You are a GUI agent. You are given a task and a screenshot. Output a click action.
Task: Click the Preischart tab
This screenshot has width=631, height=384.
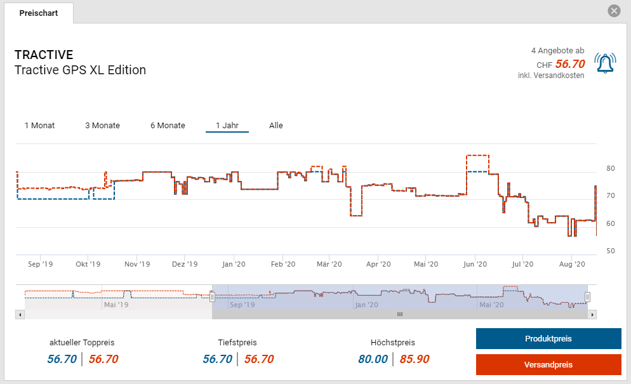click(39, 13)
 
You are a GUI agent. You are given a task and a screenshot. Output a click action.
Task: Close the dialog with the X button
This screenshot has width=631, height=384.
click(614, 11)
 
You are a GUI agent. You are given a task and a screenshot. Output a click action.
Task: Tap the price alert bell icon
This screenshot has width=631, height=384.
click(605, 63)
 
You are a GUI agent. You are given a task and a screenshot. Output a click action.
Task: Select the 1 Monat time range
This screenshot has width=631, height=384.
click(39, 126)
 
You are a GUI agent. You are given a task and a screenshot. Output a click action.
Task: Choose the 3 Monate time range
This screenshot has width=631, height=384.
click(102, 126)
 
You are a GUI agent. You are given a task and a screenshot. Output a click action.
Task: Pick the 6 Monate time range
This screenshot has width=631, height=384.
click(168, 126)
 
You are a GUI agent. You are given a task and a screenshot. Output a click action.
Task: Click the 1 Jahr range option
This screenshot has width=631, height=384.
click(227, 126)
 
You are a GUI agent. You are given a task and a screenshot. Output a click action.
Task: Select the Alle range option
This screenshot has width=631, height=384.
click(276, 126)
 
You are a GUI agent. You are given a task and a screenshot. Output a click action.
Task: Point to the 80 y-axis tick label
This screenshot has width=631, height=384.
click(611, 169)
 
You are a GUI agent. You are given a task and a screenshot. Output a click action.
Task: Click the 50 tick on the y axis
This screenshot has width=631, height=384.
click(611, 251)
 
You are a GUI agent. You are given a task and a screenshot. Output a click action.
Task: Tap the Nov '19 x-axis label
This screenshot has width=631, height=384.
click(137, 264)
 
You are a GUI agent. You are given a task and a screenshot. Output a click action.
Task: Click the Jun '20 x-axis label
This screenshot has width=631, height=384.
click(474, 264)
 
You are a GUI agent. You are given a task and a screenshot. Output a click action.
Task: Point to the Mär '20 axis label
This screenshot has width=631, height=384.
click(329, 264)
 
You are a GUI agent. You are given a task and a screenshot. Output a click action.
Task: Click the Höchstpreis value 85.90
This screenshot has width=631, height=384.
click(415, 359)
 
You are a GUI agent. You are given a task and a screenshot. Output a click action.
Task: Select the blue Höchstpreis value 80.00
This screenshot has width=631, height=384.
click(373, 359)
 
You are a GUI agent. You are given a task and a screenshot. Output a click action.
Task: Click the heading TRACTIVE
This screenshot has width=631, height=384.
click(44, 55)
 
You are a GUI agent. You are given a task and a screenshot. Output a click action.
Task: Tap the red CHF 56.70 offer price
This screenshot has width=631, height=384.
click(569, 64)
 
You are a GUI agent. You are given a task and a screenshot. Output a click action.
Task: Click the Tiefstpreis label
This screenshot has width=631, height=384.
click(237, 343)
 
